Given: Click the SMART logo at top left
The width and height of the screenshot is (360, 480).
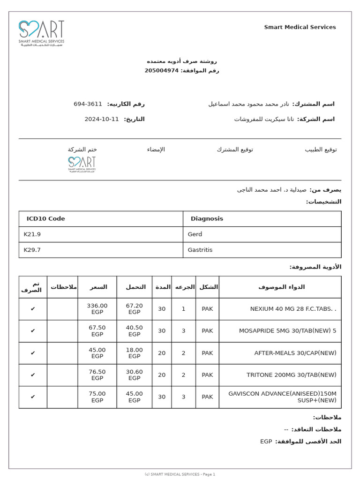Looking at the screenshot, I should coord(41,33).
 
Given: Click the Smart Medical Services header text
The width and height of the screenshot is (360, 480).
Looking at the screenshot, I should coord(300,27).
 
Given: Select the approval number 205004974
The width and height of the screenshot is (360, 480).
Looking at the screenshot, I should coord(161,71).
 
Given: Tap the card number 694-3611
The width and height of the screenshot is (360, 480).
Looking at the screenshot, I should coord(88,104).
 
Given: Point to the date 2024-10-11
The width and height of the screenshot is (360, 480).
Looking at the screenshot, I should coord(102,119).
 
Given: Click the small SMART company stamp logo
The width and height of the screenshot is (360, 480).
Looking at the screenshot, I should coord(82,165).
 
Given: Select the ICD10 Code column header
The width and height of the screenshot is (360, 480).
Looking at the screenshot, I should coord(45,219).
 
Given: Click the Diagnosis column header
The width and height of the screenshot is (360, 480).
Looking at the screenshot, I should coord(207,219).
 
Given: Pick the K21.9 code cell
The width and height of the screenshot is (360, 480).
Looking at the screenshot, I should coord(32,234).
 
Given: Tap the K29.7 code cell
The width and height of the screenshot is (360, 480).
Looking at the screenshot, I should coord(32,250).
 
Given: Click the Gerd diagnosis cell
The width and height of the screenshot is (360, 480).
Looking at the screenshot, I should coord(195,234).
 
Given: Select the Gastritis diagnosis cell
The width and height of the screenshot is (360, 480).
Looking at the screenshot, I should coord(200,250).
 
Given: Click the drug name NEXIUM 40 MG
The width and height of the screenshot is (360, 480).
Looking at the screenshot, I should coord(293,309).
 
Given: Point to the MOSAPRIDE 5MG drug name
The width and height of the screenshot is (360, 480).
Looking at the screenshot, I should coord(287,331).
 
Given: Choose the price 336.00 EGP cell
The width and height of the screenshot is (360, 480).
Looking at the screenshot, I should coord(97,309).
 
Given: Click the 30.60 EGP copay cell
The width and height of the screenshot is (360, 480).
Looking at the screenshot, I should coord(135,375).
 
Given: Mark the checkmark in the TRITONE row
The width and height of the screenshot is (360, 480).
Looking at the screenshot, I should coord(33,375).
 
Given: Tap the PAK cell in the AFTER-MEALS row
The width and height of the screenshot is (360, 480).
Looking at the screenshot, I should coord(207,353).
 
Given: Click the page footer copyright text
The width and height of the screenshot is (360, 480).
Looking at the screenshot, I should coord(180,474).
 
